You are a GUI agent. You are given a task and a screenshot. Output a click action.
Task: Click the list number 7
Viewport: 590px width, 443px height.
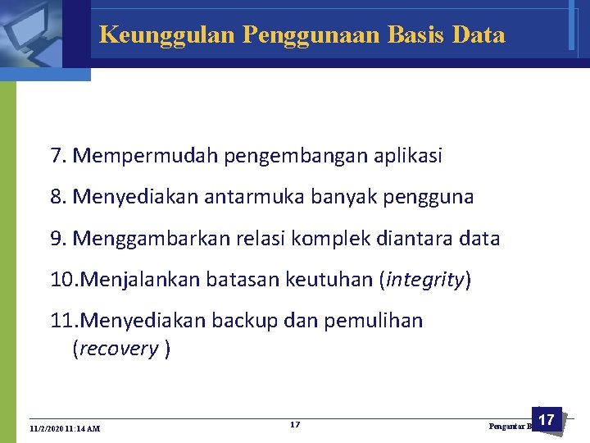click(x=57, y=156)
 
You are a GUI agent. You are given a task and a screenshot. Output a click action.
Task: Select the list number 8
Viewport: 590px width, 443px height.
click(x=57, y=197)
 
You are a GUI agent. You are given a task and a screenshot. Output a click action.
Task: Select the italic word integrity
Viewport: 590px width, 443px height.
click(x=424, y=281)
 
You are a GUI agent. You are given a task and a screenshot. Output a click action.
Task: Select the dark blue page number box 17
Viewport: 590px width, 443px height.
click(x=546, y=421)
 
